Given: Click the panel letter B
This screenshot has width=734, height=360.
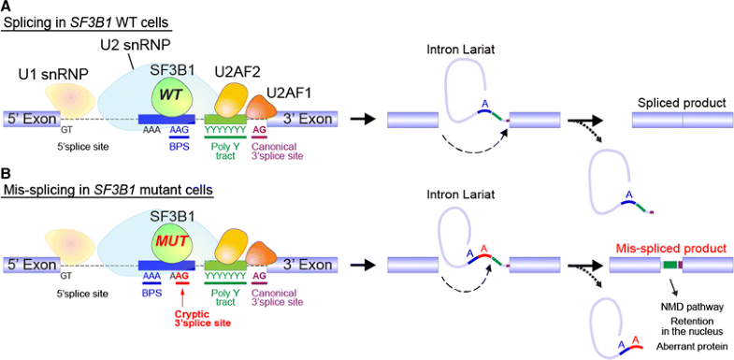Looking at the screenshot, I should coord(7,173).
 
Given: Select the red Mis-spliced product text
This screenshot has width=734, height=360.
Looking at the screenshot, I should coord(665,249).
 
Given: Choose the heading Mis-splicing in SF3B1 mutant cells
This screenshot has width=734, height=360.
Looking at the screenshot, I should coord(108,190).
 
